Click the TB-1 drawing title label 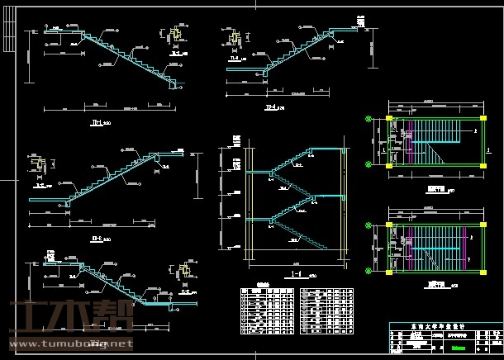(97, 123)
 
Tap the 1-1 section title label (297, 270)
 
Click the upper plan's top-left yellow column (389, 121)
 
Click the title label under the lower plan (432, 282)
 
